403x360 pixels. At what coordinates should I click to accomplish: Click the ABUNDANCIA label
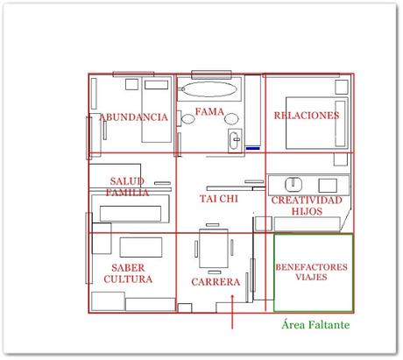pyautogui.click(x=133, y=116)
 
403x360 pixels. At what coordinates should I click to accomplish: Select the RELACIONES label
pyautogui.click(x=306, y=116)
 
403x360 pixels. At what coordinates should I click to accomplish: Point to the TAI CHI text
pyautogui.click(x=218, y=199)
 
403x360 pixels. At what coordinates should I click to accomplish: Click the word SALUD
pyautogui.click(x=127, y=180)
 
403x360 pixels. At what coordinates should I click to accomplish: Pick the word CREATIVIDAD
pyautogui.click(x=306, y=201)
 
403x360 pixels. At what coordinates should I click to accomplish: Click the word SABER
pyautogui.click(x=128, y=267)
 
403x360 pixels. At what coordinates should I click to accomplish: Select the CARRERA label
pyautogui.click(x=215, y=282)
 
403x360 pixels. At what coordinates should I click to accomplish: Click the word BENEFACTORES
pyautogui.click(x=312, y=266)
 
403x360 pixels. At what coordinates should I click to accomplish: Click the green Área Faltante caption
pyautogui.click(x=316, y=324)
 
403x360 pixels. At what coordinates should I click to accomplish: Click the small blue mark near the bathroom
pyautogui.click(x=252, y=148)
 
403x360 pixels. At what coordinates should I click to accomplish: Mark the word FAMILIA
pyautogui.click(x=127, y=191)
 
